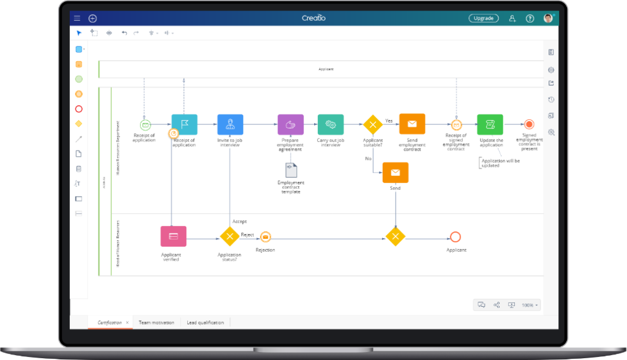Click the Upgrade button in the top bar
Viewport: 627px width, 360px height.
click(483, 18)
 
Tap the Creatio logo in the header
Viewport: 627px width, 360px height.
click(313, 18)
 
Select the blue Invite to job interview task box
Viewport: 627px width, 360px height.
click(230, 124)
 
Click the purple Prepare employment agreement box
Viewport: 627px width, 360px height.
click(290, 124)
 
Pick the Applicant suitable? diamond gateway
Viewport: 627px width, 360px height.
click(372, 124)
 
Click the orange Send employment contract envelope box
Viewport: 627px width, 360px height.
click(412, 124)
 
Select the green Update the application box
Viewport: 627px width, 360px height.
click(490, 124)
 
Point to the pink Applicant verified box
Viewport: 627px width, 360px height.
click(173, 236)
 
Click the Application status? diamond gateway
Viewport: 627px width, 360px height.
click(230, 236)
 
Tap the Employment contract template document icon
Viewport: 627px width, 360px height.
click(291, 170)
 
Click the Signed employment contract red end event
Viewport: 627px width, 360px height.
click(529, 124)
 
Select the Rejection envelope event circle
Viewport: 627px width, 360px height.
click(265, 237)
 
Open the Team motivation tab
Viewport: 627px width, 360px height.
click(156, 323)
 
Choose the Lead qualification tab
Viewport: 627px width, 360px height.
click(205, 323)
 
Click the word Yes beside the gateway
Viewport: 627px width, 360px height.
click(389, 121)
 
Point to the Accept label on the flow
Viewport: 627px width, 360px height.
click(239, 222)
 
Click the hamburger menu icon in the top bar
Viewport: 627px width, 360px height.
click(77, 18)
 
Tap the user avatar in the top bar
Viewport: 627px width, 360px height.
click(547, 18)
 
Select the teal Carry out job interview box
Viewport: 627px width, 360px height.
click(331, 124)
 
